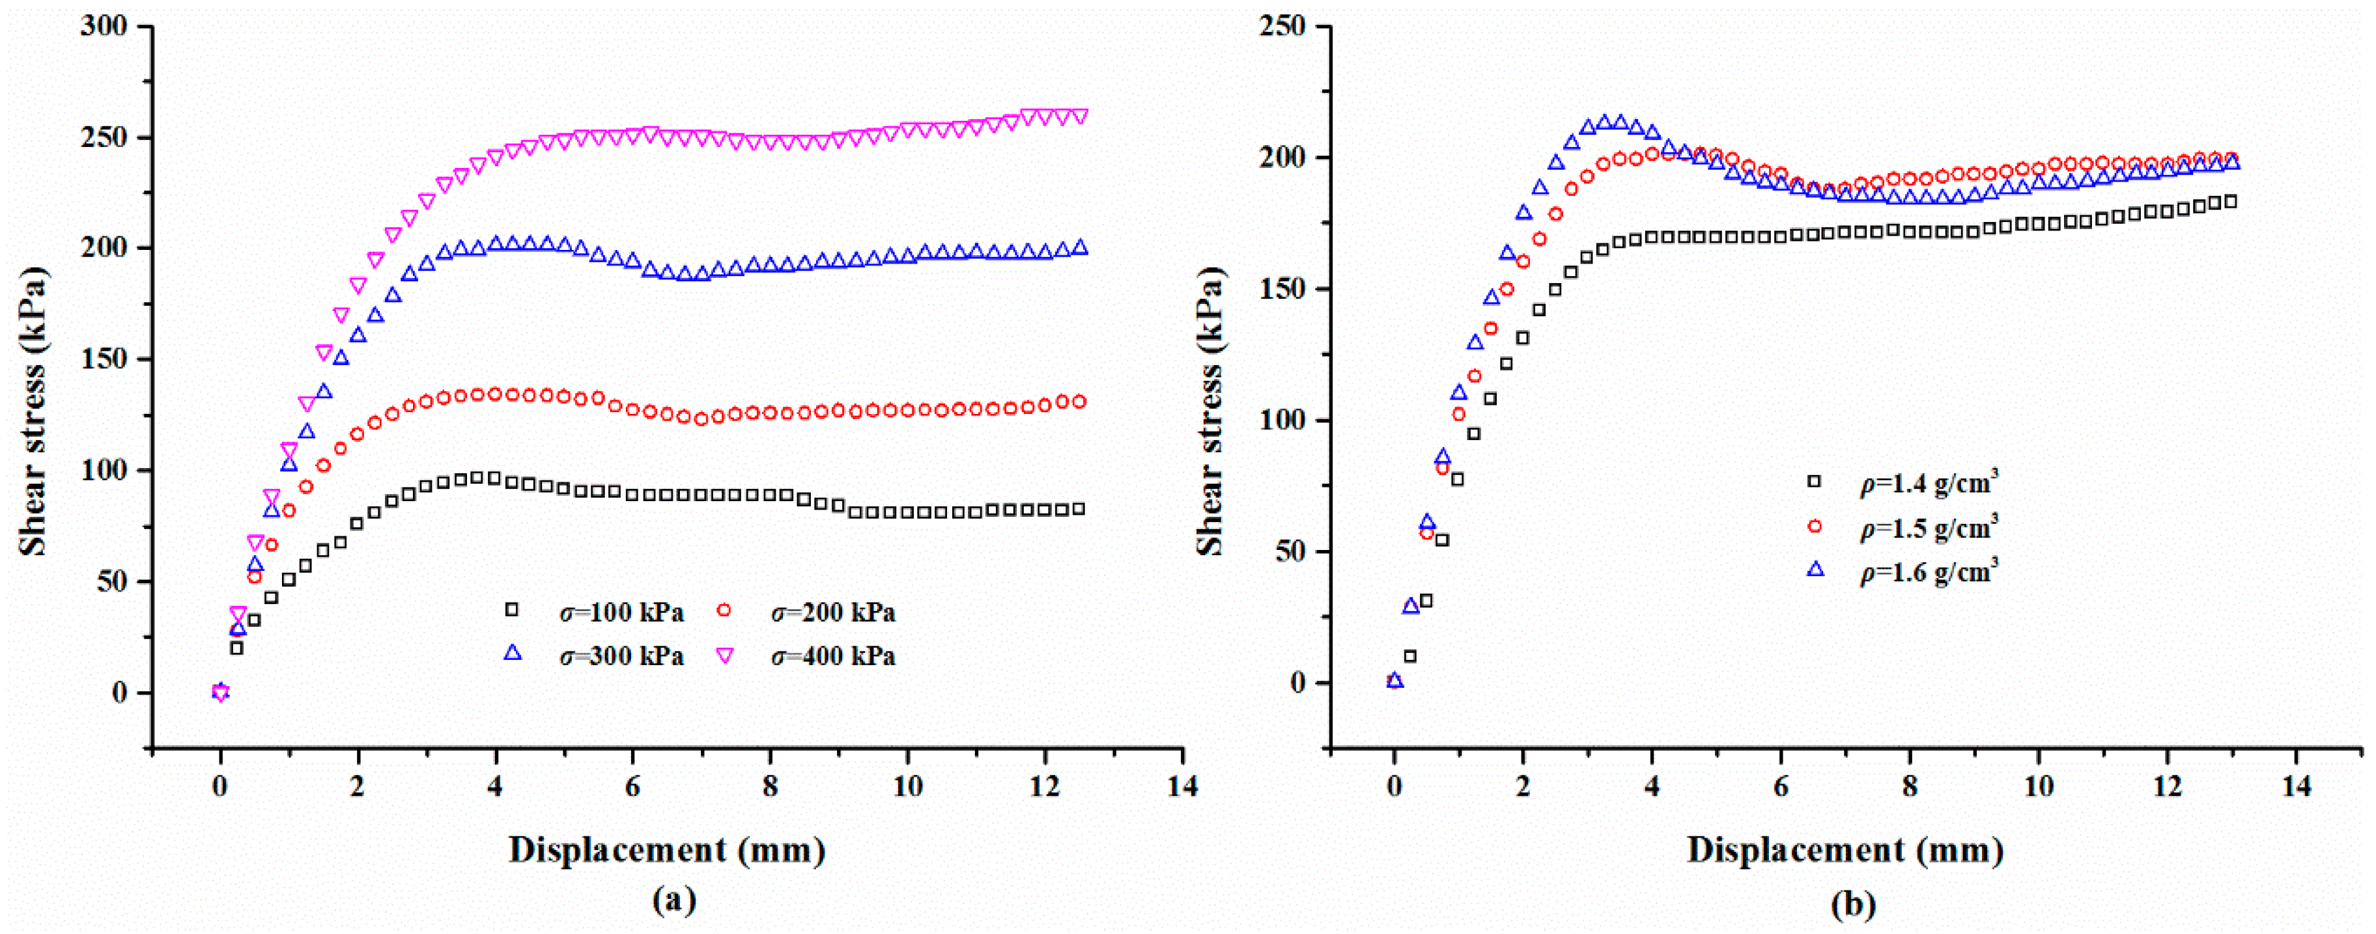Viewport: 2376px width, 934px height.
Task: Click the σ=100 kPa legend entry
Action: (x=620, y=613)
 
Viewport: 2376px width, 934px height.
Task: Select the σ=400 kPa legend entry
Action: (x=833, y=657)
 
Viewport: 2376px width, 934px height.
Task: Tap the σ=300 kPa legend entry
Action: (x=620, y=657)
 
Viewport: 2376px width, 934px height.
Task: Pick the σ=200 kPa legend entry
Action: (x=833, y=613)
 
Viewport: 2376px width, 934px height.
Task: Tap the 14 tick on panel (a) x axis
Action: (x=1183, y=786)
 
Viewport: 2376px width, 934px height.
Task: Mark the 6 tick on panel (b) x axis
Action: (x=1780, y=786)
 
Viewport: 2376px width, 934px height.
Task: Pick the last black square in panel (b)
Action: (x=2230, y=201)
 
